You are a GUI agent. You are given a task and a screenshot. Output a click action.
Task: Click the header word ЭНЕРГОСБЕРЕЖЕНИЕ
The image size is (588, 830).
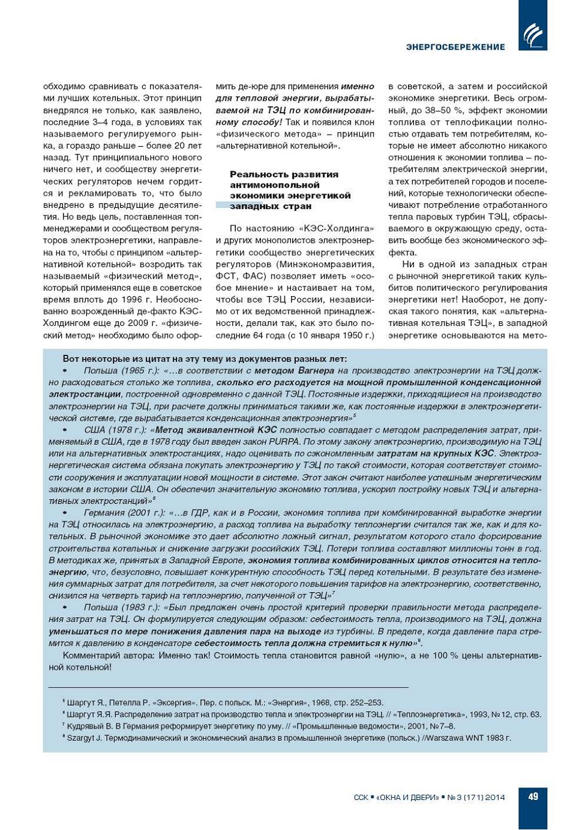click(x=455, y=47)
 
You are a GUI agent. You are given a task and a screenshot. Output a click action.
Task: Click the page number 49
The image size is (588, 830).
click(x=533, y=796)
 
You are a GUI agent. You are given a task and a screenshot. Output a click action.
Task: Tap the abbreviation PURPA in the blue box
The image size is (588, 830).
click(x=285, y=442)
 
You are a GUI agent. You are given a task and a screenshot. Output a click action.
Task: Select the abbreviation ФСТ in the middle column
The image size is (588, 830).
click(x=226, y=276)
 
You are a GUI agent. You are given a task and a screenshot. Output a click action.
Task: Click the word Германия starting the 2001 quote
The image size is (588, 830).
click(x=104, y=513)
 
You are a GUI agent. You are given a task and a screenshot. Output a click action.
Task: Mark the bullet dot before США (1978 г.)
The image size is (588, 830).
click(x=65, y=430)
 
